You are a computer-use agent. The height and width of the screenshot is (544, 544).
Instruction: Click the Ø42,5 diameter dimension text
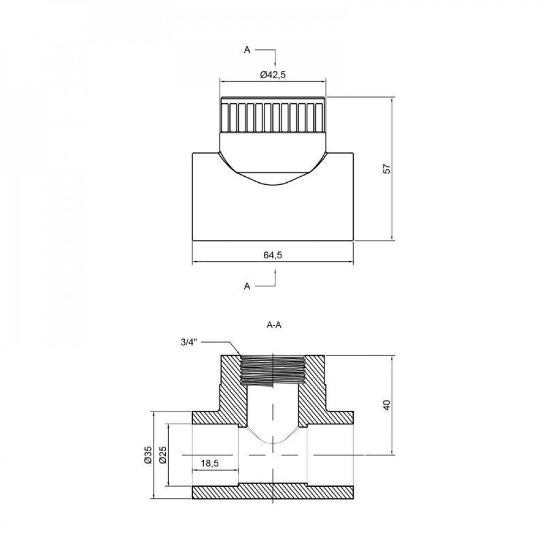(273, 76)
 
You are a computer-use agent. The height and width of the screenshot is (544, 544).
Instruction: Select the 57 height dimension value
(387, 169)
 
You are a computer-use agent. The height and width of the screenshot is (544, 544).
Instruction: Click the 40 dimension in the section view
(387, 405)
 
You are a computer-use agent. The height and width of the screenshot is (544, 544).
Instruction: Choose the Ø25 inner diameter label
(164, 455)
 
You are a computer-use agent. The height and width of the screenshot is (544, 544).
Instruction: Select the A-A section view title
(273, 325)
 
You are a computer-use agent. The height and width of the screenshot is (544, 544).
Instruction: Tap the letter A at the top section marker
(247, 50)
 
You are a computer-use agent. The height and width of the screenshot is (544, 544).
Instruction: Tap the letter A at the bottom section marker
(247, 286)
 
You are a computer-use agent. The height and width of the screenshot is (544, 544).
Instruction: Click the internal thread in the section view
(272, 370)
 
